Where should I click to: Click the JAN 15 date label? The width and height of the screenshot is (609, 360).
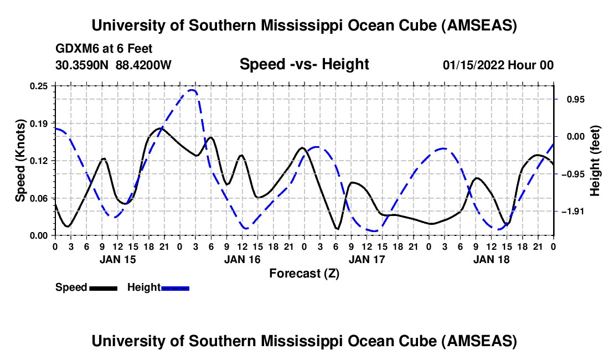(117, 259)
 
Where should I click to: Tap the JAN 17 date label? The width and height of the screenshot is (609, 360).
(367, 259)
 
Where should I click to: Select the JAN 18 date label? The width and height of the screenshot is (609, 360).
(491, 259)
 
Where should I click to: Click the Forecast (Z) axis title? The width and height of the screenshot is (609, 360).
(304, 273)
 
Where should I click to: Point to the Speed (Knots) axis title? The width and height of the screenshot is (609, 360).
(20, 161)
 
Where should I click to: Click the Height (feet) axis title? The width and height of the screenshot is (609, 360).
(595, 161)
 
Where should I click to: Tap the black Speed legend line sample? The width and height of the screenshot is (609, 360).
(103, 288)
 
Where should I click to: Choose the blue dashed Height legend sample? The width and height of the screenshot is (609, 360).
(175, 288)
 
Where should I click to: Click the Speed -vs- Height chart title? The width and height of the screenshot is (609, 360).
(304, 64)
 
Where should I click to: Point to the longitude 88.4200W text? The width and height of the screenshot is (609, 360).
(143, 65)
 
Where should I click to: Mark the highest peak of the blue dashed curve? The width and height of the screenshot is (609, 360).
(192, 90)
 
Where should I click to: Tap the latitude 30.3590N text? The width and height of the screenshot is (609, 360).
(83, 65)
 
